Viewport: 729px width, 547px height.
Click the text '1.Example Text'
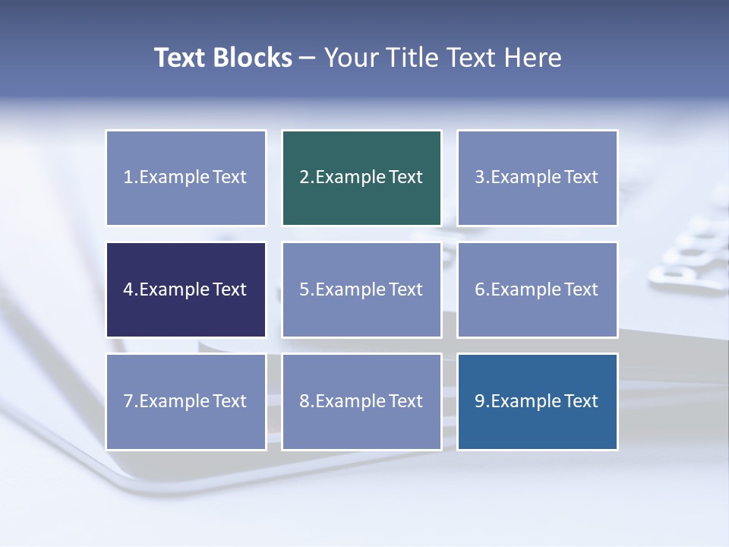click(x=185, y=177)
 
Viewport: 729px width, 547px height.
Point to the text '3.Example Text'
click(x=537, y=177)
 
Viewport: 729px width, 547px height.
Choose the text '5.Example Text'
click(x=361, y=289)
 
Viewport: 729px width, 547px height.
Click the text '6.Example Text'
click(x=537, y=289)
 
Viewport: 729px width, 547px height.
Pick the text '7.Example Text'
click(x=185, y=401)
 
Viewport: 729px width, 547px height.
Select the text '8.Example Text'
click(x=361, y=401)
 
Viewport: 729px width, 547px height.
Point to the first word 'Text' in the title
click(x=180, y=58)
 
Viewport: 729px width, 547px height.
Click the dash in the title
click(x=308, y=58)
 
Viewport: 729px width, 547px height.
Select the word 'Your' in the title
click(x=352, y=58)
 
